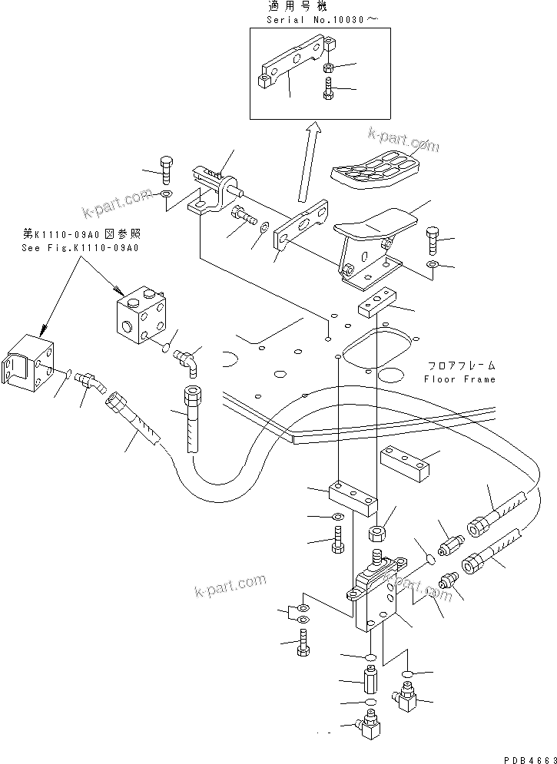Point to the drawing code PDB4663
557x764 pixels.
click(526, 757)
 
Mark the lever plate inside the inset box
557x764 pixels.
click(288, 68)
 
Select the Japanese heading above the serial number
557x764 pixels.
click(296, 7)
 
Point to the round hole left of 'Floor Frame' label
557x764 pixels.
click(391, 375)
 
